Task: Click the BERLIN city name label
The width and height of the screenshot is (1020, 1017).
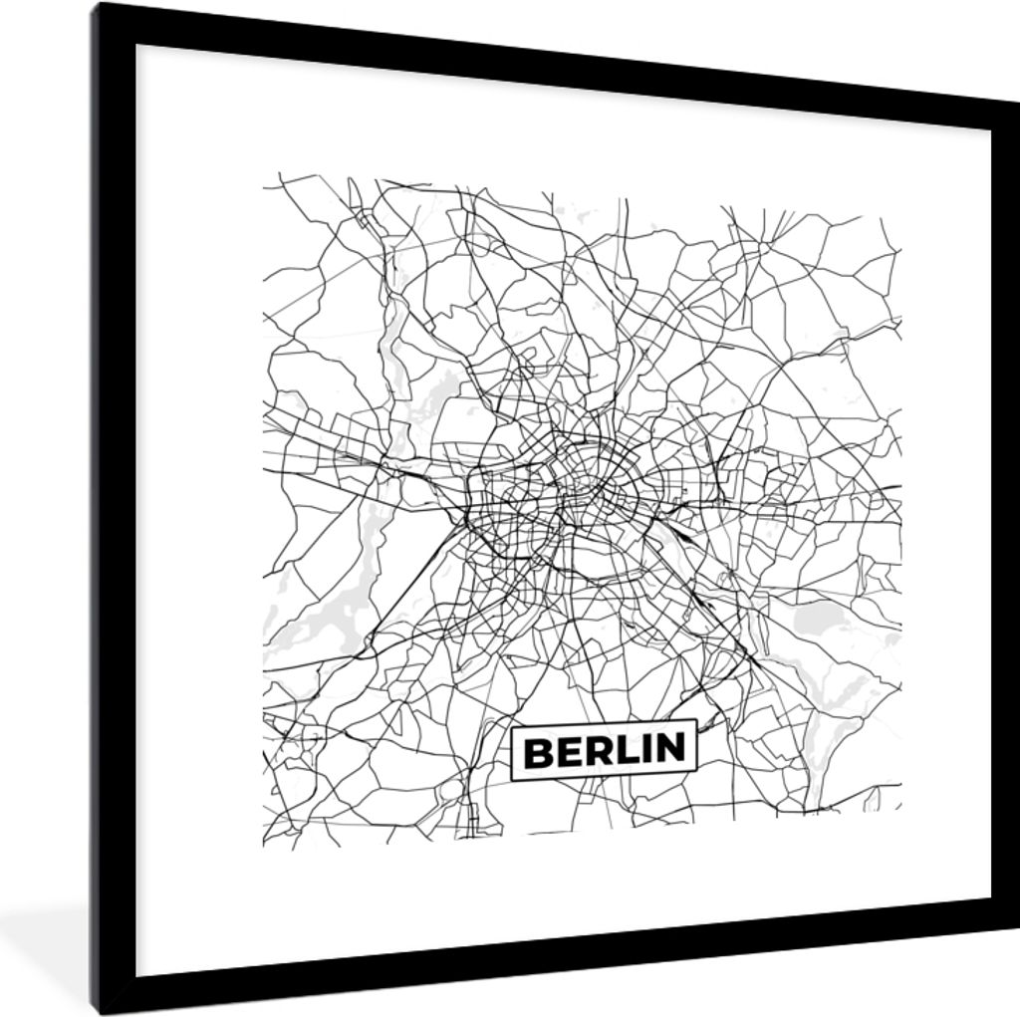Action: (604, 750)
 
